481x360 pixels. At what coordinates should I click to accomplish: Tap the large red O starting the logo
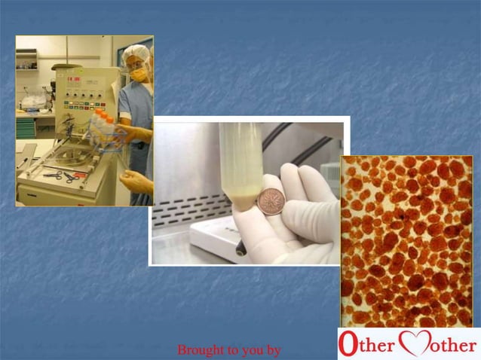(348, 344)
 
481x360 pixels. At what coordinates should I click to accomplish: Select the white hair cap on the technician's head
(136, 53)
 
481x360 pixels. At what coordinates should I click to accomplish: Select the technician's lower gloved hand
(135, 181)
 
